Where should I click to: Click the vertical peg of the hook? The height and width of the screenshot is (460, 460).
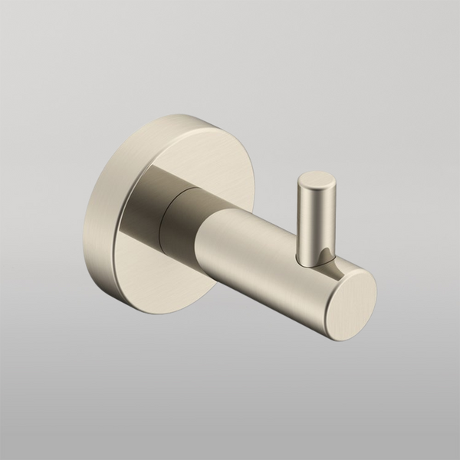coord(315,222)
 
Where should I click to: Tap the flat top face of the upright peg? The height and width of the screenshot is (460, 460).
coord(317,181)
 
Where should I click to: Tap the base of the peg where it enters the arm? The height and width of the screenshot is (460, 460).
coord(314,261)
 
